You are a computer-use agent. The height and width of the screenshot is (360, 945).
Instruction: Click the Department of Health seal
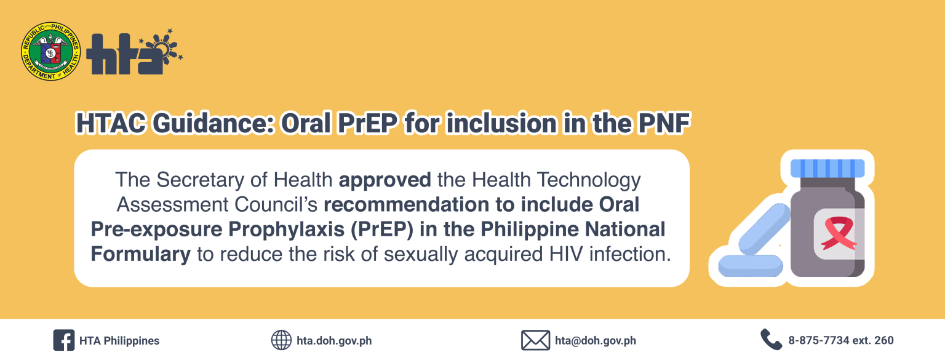[x=51, y=52]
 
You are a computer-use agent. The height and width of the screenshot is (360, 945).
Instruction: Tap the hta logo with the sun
[x=135, y=52]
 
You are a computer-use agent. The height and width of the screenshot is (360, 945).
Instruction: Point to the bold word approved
[x=385, y=180]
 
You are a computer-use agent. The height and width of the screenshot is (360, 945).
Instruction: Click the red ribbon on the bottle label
[x=839, y=233]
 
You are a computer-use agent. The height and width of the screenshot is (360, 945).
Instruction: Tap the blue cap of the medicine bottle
[x=827, y=169]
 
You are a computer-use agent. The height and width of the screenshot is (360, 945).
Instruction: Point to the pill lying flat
[x=751, y=266]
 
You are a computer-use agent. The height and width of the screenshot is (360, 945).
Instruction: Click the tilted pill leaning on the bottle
[x=764, y=229]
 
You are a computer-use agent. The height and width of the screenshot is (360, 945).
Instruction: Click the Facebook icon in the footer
[x=64, y=340]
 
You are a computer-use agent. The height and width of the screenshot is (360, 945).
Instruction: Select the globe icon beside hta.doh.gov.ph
[x=281, y=340]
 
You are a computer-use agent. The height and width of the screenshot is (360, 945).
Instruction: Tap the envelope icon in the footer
[x=535, y=340]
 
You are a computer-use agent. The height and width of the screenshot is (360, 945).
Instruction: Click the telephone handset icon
[x=771, y=340]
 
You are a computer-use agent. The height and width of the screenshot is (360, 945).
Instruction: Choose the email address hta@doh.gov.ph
[x=596, y=340]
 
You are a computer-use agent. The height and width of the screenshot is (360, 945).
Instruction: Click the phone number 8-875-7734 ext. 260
[x=841, y=340]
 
